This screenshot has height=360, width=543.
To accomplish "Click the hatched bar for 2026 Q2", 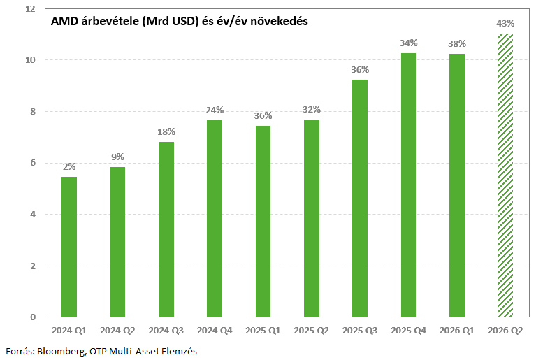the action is click(x=505, y=175).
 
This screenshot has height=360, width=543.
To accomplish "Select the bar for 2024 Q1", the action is click(x=69, y=247).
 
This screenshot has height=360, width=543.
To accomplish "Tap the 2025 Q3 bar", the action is click(x=360, y=199).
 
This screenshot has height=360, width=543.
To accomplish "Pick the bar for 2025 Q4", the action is click(x=408, y=185).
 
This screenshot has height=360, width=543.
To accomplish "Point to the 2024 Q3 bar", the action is click(x=166, y=229).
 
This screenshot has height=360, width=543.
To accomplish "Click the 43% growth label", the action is click(x=505, y=24).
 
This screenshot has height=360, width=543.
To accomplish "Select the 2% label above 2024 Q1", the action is click(x=69, y=166).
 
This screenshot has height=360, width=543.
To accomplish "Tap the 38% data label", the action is click(x=457, y=43).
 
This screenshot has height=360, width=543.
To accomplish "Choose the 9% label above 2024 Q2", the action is click(x=117, y=157).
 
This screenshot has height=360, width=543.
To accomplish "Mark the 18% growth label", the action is click(x=166, y=131).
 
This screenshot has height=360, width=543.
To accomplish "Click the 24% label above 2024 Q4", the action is click(x=215, y=110).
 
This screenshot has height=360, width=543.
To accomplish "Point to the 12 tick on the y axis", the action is click(x=31, y=8).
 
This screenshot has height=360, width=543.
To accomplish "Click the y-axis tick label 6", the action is click(x=33, y=163).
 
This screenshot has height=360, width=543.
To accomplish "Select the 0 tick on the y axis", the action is click(x=33, y=317).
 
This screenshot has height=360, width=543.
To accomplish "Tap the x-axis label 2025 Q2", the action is click(x=311, y=331).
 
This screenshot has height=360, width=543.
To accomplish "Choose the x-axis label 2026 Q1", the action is click(x=457, y=331).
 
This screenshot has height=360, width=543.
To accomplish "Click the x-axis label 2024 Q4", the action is click(x=215, y=331).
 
